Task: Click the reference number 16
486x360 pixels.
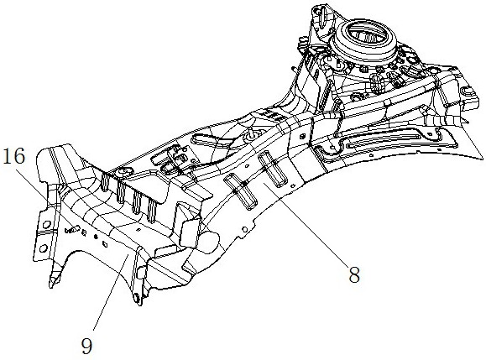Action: (13, 156)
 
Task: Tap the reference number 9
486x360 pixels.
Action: (87, 346)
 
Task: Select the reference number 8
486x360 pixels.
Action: (354, 274)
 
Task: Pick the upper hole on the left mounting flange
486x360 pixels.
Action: (47, 223)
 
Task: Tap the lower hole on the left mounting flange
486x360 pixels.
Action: (43, 248)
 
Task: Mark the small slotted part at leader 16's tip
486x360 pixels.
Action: (72, 229)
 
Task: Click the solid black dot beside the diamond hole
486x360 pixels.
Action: (96, 237)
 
